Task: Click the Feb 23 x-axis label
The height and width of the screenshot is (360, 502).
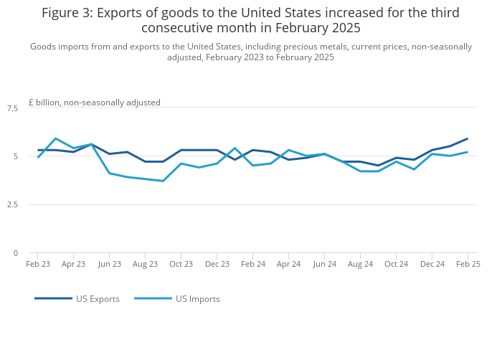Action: [38, 264]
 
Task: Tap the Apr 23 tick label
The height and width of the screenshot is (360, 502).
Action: [73, 264]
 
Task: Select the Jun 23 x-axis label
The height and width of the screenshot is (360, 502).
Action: [109, 264]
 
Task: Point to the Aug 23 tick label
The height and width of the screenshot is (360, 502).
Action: [145, 264]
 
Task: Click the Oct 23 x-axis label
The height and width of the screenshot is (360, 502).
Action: [181, 264]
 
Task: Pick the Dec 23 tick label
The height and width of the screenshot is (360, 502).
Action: [217, 264]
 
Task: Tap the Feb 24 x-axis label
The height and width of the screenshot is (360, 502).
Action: [252, 264]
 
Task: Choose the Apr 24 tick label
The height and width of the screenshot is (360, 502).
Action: [288, 264]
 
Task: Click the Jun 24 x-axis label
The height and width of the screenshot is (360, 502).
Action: [324, 264]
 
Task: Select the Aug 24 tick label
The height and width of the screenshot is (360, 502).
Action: [360, 264]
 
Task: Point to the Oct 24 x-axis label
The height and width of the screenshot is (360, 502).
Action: [396, 264]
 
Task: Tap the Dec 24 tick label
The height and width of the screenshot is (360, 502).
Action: [432, 264]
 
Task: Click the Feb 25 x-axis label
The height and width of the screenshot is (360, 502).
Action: [468, 264]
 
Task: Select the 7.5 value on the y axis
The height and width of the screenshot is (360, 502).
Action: [12, 108]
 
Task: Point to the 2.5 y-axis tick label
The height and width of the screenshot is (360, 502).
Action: [12, 205]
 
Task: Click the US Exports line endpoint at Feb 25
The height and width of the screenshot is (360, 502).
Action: [468, 138]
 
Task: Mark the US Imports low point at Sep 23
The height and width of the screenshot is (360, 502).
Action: [163, 181]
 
